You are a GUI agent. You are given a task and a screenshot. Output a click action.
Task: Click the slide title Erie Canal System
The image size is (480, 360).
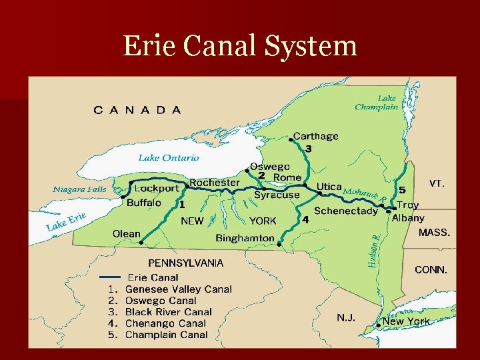(240, 45)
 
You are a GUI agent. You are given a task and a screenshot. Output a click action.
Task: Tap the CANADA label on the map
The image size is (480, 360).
(137, 110)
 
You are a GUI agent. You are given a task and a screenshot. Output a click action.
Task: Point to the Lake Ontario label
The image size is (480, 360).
(169, 158)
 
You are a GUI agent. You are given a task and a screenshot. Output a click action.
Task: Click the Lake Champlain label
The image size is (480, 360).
(377, 102)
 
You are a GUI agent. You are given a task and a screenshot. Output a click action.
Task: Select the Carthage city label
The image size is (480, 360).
(317, 136)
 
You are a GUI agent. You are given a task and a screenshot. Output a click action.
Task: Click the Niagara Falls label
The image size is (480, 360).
(79, 189)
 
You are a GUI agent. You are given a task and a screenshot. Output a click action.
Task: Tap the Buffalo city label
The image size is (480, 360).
(144, 203)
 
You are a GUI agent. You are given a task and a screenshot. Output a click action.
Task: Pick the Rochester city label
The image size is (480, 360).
(215, 183)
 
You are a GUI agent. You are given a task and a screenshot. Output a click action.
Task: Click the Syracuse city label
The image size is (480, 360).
(277, 195)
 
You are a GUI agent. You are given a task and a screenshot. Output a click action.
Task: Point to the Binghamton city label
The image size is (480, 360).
(245, 238)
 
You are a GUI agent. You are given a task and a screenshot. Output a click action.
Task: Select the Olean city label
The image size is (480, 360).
(126, 233)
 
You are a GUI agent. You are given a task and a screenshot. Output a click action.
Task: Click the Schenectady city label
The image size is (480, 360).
(345, 211)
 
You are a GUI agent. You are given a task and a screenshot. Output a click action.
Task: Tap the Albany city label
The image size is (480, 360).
(408, 218)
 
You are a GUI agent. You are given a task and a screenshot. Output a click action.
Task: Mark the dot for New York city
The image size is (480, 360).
(379, 325)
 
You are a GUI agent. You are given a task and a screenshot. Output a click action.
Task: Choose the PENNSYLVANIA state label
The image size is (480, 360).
(185, 263)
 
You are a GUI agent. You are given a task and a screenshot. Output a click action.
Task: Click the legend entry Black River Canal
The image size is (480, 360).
(168, 312)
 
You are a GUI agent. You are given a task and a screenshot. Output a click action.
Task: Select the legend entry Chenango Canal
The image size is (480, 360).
(165, 323)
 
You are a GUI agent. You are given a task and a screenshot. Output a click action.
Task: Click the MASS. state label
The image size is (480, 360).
(434, 233)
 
